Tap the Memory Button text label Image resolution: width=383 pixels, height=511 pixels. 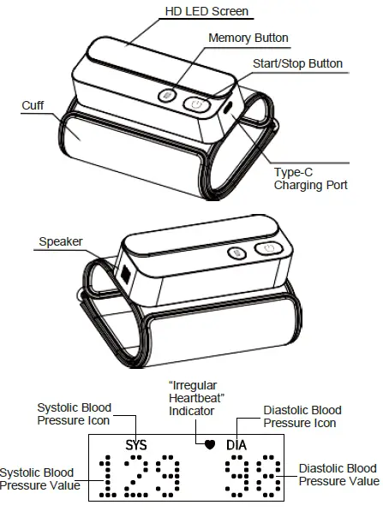pos(248,39)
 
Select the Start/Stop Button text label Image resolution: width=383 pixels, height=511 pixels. pos(297,64)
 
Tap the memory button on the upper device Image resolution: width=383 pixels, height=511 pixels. pos(170,97)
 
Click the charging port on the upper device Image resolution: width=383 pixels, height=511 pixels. pos(225,110)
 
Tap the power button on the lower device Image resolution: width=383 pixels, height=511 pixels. pos(269,249)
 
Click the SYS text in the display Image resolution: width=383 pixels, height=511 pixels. pos(136,445)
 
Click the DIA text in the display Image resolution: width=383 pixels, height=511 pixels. pos(236,445)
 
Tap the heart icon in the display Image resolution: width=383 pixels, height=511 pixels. pos(209,445)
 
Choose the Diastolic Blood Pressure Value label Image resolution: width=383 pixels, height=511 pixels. pos(338,475)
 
